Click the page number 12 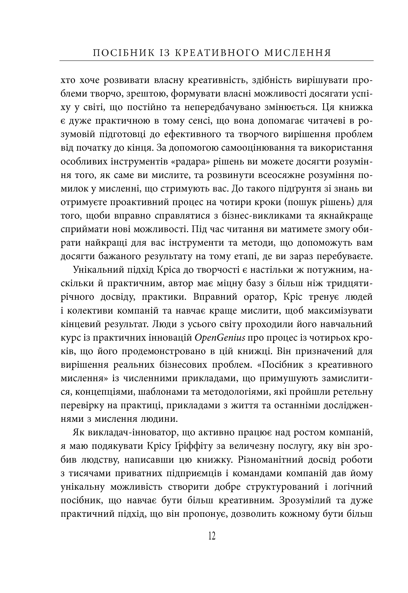pos(212,536)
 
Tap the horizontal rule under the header pos(216,61)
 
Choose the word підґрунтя pos(295,189)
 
